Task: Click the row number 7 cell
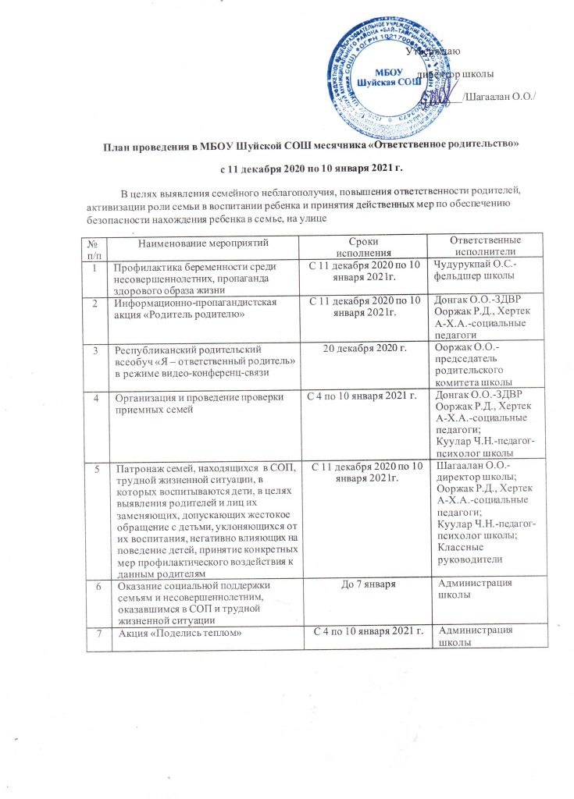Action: pyautogui.click(x=97, y=632)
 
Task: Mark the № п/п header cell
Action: pyautogui.click(x=96, y=249)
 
